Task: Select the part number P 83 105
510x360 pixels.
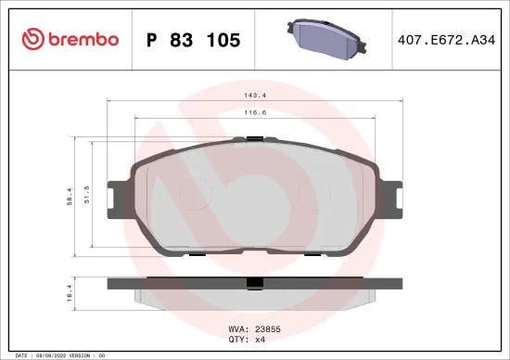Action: click(194, 40)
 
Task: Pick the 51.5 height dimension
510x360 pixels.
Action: click(86, 193)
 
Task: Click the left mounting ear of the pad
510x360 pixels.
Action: click(116, 196)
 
